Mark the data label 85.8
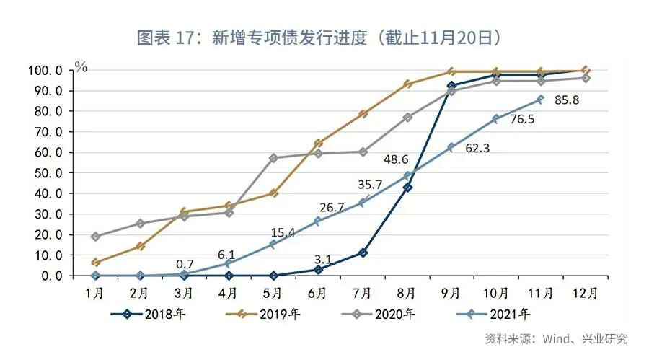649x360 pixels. click(567, 100)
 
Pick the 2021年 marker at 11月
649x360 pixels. click(540, 99)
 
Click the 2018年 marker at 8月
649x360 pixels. click(407, 187)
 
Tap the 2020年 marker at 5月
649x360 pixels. click(273, 158)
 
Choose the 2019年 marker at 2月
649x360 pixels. click(140, 246)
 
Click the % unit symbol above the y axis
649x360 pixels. click(81, 67)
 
